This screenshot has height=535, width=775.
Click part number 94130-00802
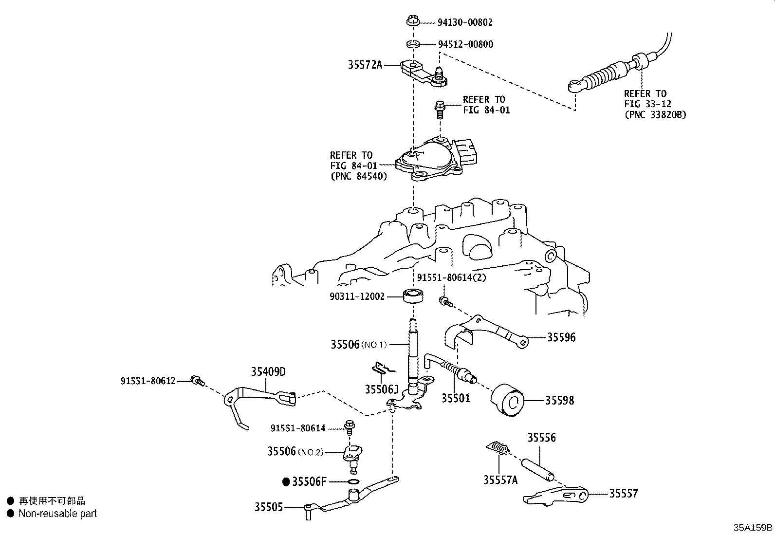(x=465, y=22)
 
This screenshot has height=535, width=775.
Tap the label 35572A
(x=365, y=64)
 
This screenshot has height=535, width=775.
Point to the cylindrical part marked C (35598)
(x=508, y=401)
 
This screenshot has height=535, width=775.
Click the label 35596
(x=561, y=337)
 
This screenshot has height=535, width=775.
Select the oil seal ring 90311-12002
(x=413, y=295)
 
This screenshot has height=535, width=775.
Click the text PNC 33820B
(x=655, y=115)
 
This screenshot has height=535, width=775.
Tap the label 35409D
(x=268, y=372)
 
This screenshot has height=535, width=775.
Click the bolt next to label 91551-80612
(x=198, y=381)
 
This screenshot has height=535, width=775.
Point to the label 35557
(x=624, y=494)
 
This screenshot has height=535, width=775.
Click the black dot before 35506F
(x=286, y=482)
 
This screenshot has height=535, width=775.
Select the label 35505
(x=268, y=507)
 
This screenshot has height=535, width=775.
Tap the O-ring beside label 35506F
(x=354, y=482)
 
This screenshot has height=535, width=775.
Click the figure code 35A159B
(x=753, y=528)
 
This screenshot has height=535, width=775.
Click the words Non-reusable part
(x=58, y=514)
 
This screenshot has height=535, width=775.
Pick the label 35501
(x=456, y=398)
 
